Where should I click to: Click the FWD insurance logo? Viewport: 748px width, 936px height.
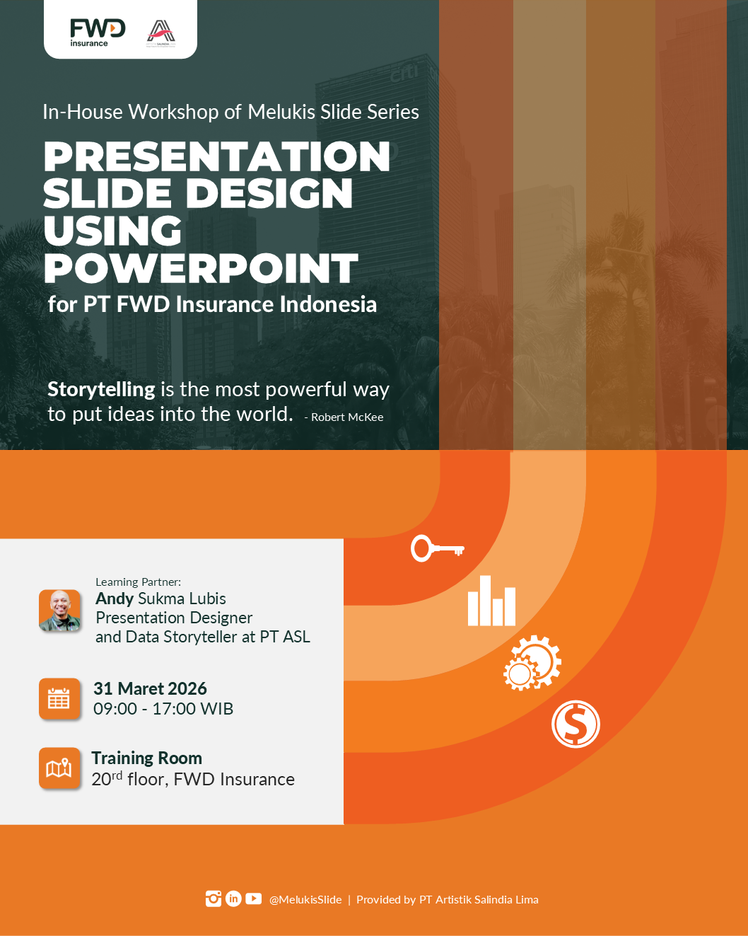(97, 33)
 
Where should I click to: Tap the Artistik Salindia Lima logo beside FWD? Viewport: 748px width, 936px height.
(161, 33)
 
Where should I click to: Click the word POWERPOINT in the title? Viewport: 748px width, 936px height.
(201, 269)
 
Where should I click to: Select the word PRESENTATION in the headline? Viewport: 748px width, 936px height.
(216, 156)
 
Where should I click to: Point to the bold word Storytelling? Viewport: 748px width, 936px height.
(101, 389)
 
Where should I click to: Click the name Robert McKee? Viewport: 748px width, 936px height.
(347, 417)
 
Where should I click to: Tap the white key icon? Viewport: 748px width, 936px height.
(437, 548)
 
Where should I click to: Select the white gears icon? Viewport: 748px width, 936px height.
(532, 663)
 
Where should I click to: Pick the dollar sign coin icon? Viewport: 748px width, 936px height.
(575, 724)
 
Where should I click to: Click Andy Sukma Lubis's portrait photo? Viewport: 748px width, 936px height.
(60, 611)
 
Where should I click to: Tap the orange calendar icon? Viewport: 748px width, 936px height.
(59, 699)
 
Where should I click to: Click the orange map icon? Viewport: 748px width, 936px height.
(59, 768)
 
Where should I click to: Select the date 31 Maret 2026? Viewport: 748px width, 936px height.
(150, 688)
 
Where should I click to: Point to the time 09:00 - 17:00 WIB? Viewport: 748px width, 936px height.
(163, 709)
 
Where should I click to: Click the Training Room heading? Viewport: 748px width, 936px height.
(146, 758)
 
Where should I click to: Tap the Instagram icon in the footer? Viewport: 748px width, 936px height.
(214, 899)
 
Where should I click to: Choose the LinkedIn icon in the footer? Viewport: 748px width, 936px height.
(233, 899)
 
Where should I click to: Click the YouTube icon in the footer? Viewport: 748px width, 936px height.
(253, 899)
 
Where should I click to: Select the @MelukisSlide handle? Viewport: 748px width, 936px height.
(305, 900)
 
